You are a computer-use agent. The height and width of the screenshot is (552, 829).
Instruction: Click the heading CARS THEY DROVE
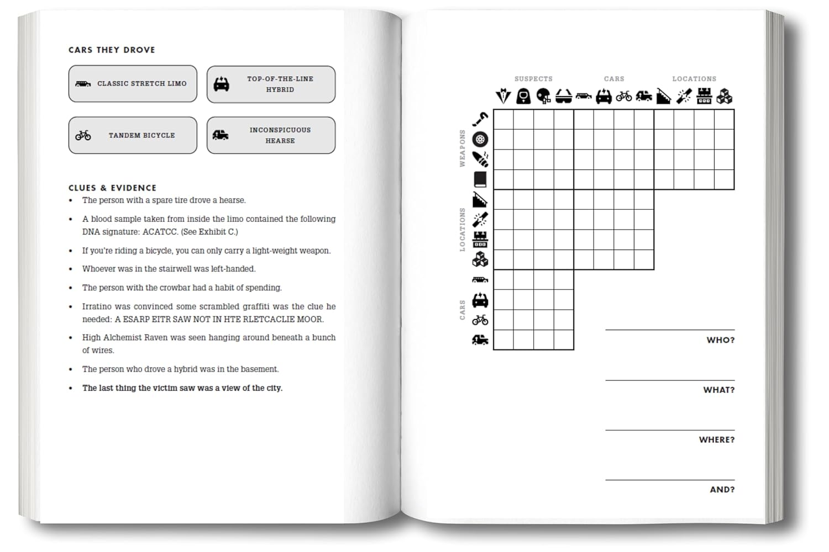tap(112, 50)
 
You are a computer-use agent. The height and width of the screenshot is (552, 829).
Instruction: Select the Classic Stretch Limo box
tap(133, 84)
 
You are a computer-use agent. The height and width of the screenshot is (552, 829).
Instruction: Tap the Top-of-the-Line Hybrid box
tap(271, 84)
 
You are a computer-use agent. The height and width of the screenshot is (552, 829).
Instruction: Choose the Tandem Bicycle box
tap(133, 135)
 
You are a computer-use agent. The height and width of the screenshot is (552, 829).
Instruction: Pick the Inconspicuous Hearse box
tap(271, 135)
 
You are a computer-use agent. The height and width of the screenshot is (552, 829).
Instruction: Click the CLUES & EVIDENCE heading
tap(112, 188)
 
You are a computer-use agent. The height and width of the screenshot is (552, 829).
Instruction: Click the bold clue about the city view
tap(182, 388)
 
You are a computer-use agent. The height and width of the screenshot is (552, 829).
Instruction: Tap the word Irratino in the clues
tap(97, 306)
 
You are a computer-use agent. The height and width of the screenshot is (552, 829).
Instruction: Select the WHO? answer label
tap(720, 340)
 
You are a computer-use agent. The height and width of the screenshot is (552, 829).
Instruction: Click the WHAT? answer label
tap(718, 390)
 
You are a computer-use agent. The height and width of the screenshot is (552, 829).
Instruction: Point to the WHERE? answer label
tap(716, 439)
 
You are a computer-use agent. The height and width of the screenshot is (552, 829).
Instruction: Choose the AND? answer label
tap(722, 489)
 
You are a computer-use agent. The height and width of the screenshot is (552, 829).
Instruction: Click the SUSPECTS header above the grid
tap(533, 79)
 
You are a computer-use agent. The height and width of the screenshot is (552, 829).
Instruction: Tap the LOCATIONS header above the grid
tap(694, 79)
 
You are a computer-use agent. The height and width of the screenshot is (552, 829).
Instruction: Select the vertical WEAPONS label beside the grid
tap(463, 148)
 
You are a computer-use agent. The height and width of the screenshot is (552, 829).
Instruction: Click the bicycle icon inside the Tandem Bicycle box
tap(83, 135)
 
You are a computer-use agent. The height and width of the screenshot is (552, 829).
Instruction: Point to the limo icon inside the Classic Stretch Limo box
tap(83, 84)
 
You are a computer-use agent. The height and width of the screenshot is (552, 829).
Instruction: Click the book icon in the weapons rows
tap(480, 179)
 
